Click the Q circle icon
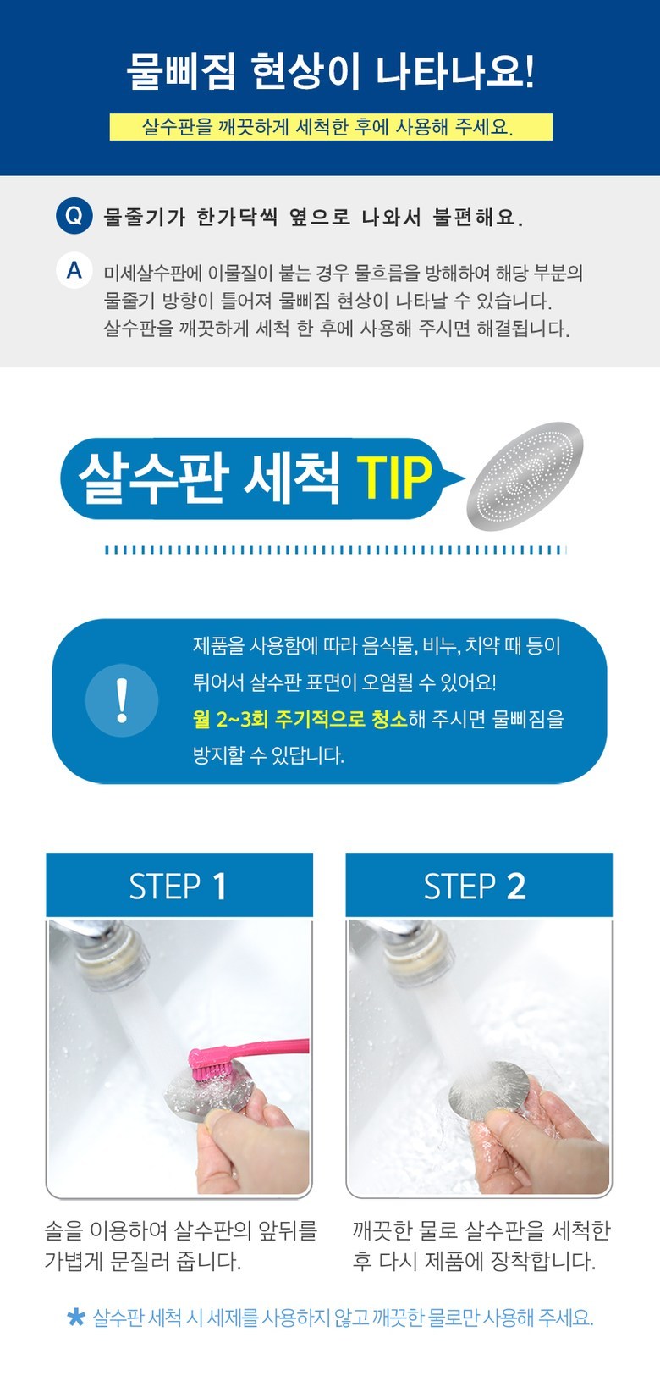pyautogui.click(x=74, y=216)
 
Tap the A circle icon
pyautogui.click(x=74, y=271)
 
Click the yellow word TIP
pyautogui.click(x=394, y=478)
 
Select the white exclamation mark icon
pyautogui.click(x=122, y=700)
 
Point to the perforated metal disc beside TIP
pyautogui.click(x=525, y=476)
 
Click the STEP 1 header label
pyautogui.click(x=179, y=886)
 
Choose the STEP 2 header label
pyautogui.click(x=475, y=886)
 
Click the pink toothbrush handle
pyautogui.click(x=269, y=1047)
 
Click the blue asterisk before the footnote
pyautogui.click(x=76, y=1317)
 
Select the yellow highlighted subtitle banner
pyautogui.click(x=331, y=127)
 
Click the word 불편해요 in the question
pyautogui.click(x=477, y=217)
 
